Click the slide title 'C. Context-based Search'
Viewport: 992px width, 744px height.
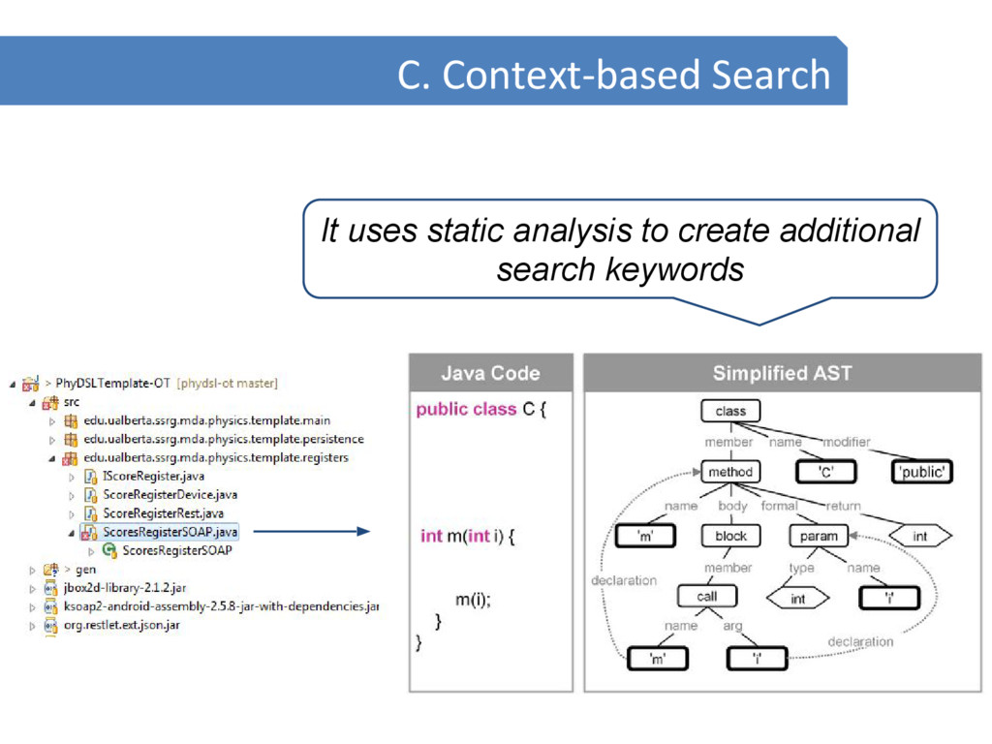[613, 75]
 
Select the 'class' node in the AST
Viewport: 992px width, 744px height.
[730, 411]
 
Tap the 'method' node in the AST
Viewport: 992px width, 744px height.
[730, 472]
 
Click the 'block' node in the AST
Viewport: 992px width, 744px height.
[730, 536]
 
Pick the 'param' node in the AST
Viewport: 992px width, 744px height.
[819, 536]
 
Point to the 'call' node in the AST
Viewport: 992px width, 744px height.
[707, 597]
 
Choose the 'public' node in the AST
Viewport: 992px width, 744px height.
[921, 472]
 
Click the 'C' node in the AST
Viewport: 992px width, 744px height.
[824, 472]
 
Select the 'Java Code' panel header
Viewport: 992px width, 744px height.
[490, 373]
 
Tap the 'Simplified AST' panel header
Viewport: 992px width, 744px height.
[782, 373]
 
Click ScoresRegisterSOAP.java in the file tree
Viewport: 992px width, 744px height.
[170, 532]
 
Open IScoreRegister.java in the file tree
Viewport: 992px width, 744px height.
[153, 477]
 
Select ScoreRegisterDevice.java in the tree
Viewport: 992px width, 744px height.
[170, 495]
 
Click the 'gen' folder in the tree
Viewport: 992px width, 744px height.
[86, 570]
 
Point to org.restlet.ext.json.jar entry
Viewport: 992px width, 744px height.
[129, 625]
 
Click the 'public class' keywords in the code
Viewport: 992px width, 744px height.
[466, 410]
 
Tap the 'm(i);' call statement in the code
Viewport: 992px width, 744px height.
[473, 600]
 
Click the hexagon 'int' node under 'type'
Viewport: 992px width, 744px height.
[797, 599]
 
